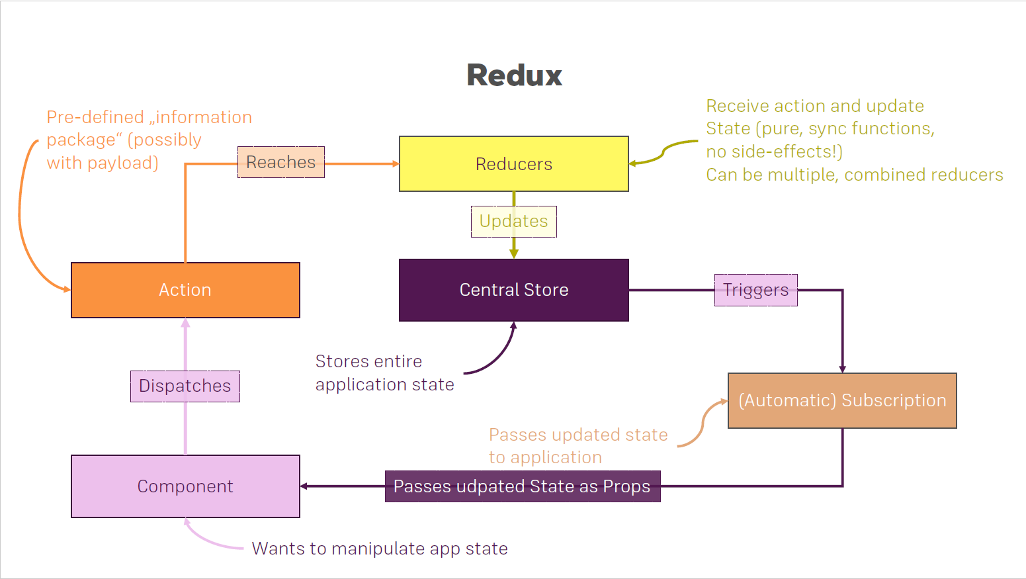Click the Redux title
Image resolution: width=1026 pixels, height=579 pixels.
click(515, 75)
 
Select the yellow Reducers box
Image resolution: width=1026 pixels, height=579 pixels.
click(514, 163)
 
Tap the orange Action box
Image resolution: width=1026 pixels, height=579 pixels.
click(185, 290)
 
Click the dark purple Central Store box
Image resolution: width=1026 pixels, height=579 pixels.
click(514, 290)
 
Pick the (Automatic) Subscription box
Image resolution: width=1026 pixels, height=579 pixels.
click(842, 400)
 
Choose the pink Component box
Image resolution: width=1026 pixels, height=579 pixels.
click(185, 486)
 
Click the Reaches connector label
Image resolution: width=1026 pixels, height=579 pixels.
click(280, 162)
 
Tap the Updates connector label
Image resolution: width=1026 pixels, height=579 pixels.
click(514, 221)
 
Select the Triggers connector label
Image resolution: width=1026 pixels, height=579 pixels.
click(755, 290)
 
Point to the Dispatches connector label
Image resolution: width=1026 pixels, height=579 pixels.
click(185, 386)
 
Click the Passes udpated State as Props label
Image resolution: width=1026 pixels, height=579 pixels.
click(523, 486)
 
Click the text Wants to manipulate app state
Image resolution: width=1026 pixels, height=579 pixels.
click(380, 549)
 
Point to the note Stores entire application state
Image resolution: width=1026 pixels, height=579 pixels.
click(385, 373)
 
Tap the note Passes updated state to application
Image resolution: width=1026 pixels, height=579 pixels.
click(578, 446)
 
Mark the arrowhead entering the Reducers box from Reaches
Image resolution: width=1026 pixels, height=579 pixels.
click(396, 163)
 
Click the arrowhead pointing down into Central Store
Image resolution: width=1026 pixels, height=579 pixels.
click(514, 254)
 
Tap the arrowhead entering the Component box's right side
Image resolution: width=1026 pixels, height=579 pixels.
click(304, 486)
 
